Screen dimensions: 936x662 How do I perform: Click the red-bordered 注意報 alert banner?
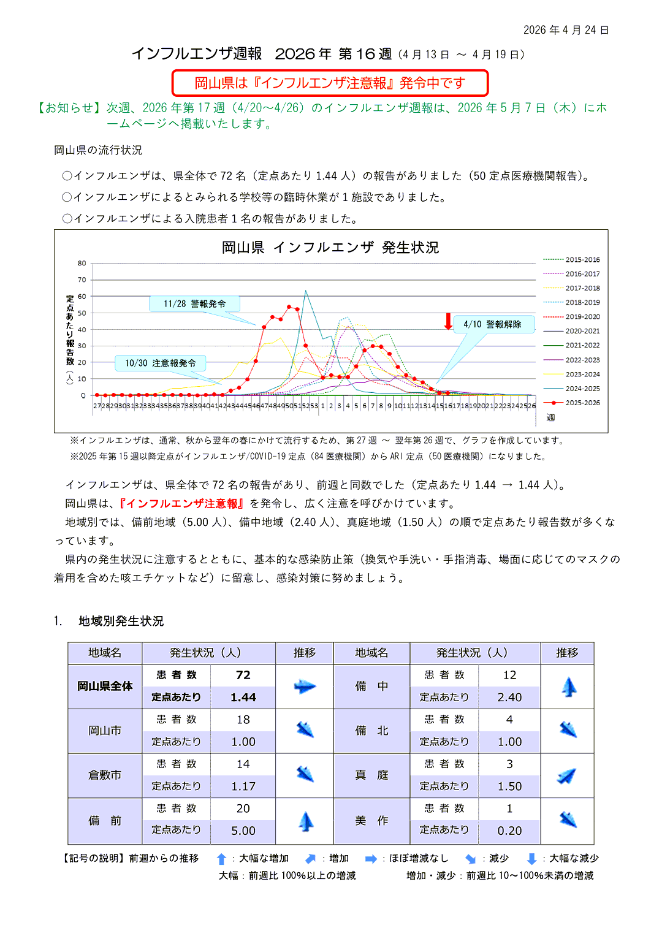pyautogui.click(x=330, y=83)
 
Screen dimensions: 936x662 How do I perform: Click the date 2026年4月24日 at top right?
pyautogui.click(x=566, y=30)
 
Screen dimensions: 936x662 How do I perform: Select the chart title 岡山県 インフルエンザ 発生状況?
pyautogui.click(x=330, y=248)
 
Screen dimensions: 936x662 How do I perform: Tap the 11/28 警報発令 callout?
pyautogui.click(x=194, y=303)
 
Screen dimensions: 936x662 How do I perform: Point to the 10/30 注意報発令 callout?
pyautogui.click(x=161, y=363)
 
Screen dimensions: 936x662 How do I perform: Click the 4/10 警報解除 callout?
pyautogui.click(x=492, y=324)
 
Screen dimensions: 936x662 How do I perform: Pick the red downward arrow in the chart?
pyautogui.click(x=448, y=321)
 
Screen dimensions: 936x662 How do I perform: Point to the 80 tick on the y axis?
pyautogui.click(x=82, y=264)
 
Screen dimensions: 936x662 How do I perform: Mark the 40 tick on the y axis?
pyautogui.click(x=82, y=330)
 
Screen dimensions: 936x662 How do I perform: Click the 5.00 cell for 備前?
pyautogui.click(x=243, y=831)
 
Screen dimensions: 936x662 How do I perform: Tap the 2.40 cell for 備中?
pyautogui.click(x=509, y=697)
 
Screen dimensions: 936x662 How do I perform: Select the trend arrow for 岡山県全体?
pyautogui.click(x=305, y=687)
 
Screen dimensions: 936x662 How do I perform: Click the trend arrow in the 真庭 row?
pyautogui.click(x=567, y=776)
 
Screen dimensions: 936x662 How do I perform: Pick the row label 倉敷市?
pyautogui.click(x=105, y=775)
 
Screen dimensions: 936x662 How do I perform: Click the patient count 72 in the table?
pyautogui.click(x=243, y=675)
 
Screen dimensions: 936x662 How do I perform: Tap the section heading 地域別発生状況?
pyautogui.click(x=121, y=621)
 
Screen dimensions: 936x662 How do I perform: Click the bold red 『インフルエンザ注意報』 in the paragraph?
pyautogui.click(x=181, y=503)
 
